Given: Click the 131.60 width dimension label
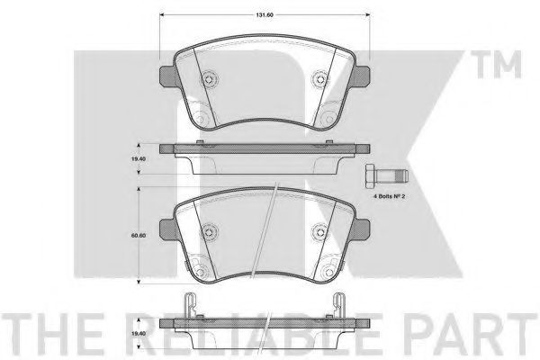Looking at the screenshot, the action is coord(265,14).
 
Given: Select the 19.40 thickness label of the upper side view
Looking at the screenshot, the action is coord(138,158).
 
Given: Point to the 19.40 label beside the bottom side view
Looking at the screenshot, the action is coord(138,334).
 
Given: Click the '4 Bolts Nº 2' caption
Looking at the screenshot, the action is coord(389,196).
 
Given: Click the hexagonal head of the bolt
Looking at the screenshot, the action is coord(370,176).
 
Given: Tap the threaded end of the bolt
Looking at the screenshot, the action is coord(400,176).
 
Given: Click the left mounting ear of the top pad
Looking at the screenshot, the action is coord(168,76).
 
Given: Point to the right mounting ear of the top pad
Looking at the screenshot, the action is coord(362,76).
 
